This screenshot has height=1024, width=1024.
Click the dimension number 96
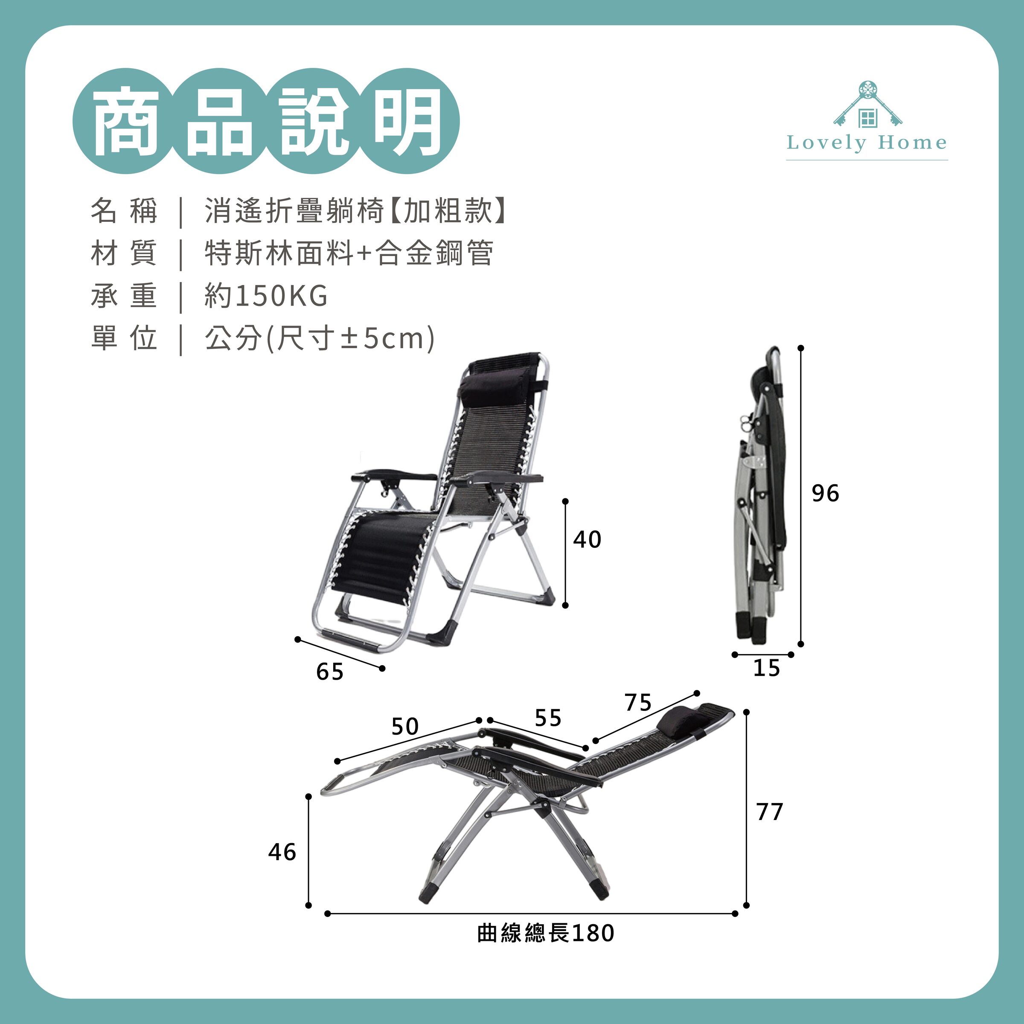point(825,494)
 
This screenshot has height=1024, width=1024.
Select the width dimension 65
point(330,672)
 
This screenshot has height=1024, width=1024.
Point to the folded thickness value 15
point(766,668)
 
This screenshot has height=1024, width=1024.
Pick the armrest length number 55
point(547,718)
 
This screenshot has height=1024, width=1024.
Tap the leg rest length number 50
point(405,726)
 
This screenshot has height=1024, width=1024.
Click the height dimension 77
point(770,812)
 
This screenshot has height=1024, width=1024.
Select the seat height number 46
point(282,852)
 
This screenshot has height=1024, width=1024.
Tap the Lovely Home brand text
point(867,143)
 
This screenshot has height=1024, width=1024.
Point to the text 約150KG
point(266,296)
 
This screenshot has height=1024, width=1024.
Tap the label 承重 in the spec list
point(124,296)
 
